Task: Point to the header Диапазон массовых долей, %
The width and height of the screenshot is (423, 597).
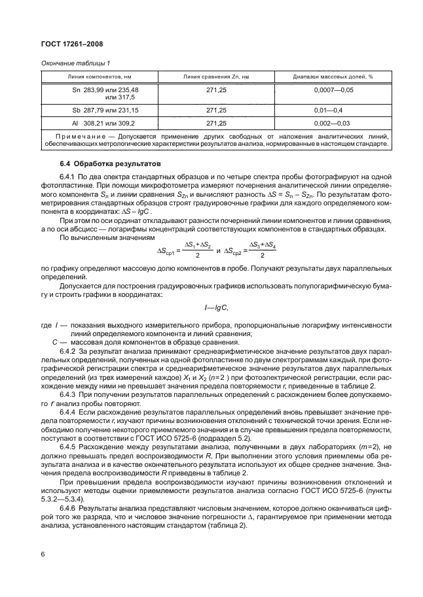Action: point(333,77)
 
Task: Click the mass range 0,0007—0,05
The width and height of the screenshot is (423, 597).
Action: point(333,90)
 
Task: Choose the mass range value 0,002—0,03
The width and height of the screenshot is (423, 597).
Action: point(333,122)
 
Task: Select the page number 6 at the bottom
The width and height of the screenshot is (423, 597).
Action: point(43,553)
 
